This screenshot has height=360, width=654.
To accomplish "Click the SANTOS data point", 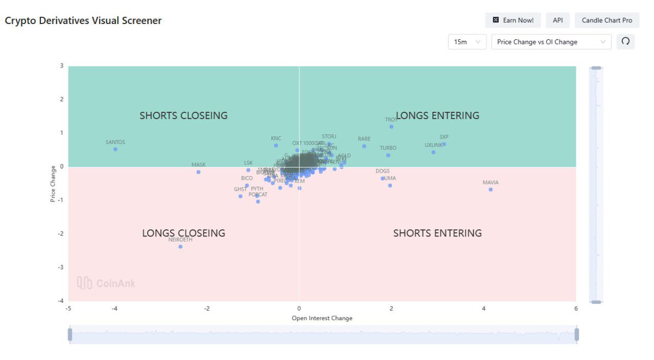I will pos(115,149).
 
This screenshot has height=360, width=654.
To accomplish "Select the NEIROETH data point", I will pos(180,247).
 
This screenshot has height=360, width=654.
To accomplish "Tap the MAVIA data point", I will pos(491,190).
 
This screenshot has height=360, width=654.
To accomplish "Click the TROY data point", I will pos(391,127).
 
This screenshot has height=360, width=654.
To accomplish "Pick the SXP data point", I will pos(444,144).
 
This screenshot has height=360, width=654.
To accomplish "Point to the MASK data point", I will pos(198,172).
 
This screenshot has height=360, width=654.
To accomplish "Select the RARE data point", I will pos(364,146).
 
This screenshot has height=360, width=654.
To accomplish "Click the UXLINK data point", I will pos(433,152).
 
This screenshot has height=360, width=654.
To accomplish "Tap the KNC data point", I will pos(276,145).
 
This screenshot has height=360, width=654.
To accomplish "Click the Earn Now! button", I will pos(513,20).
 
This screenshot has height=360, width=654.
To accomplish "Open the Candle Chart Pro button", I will pos(607,20).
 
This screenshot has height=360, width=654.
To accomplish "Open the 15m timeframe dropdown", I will pos(467,42).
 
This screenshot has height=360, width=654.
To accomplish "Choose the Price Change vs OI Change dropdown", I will pos(551,42).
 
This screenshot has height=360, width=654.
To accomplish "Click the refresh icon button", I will pos(626,41).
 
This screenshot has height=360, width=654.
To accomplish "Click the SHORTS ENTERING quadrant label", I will pos(438,233).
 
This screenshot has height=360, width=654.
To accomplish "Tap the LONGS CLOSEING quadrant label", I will pos(184,233).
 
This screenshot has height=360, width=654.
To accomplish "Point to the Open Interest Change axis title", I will pos(322,318).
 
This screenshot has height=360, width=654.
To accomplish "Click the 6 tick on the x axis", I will pos(576,308).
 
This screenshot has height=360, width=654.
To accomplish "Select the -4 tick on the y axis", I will pos(62,301).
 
